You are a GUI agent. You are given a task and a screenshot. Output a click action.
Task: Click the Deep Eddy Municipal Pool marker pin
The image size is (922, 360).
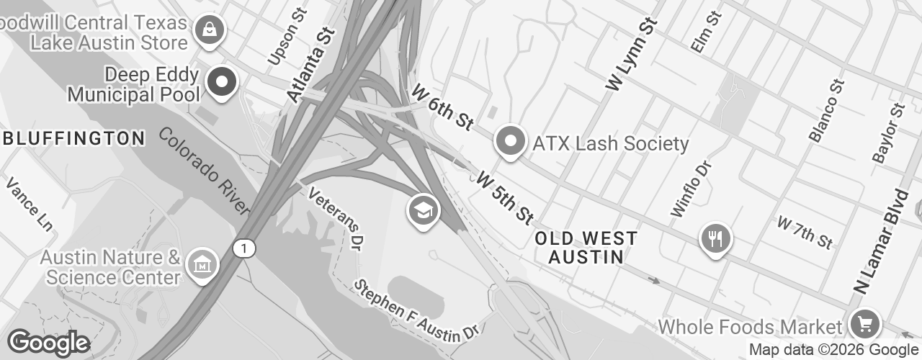(x=222, y=82)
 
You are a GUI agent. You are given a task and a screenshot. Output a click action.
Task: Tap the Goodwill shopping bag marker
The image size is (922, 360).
(x=209, y=30)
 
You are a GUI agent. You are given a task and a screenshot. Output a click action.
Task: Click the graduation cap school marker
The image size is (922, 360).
(x=424, y=211)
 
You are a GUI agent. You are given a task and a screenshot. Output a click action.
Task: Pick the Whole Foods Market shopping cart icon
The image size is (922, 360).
(x=864, y=323)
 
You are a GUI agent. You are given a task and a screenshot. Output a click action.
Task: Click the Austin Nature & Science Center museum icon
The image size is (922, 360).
(x=201, y=264)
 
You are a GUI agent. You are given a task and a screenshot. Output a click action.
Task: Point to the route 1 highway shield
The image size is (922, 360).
(x=244, y=248)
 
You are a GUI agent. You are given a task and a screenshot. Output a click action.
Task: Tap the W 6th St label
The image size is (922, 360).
(x=442, y=107)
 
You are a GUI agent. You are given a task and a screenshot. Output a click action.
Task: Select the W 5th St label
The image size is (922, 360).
(x=504, y=196)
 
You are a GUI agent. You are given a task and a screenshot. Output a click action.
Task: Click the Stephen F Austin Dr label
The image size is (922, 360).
(x=416, y=310)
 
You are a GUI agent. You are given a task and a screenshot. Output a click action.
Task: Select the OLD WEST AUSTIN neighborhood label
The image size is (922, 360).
(x=586, y=247)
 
